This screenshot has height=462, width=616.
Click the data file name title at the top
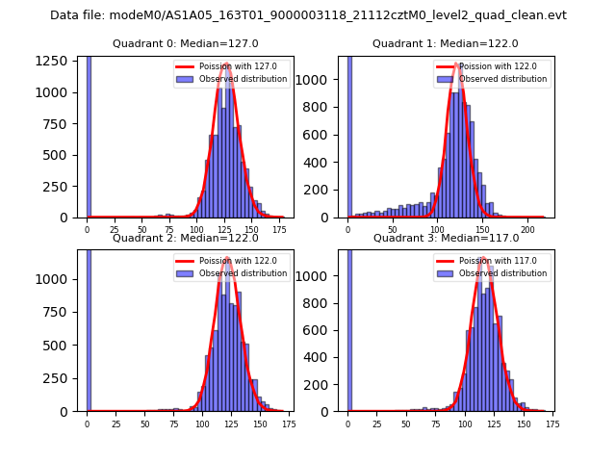point(308,15)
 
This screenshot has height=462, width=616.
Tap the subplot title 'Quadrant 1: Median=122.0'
point(445,43)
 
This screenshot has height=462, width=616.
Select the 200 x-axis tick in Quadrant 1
point(527,231)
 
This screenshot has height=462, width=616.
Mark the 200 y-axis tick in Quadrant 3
point(325,385)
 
